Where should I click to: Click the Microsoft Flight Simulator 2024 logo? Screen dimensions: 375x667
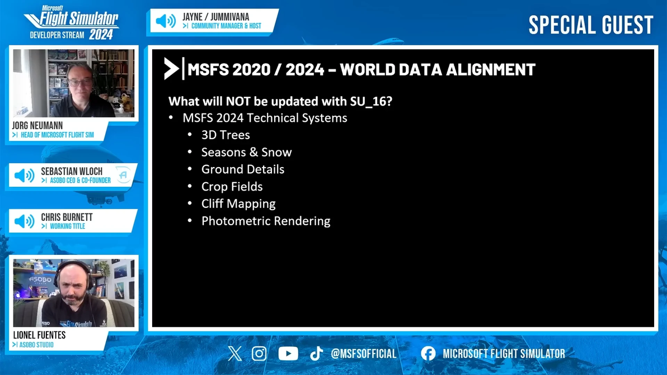pyautogui.click(x=71, y=23)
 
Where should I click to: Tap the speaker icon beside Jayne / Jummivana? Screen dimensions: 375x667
pyautogui.click(x=166, y=21)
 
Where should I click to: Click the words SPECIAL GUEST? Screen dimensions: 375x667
pyautogui.click(x=591, y=25)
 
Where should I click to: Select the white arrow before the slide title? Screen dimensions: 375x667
pyautogui.click(x=171, y=69)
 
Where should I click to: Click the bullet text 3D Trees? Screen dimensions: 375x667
pyautogui.click(x=226, y=135)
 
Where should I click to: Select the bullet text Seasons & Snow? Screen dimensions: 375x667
pyautogui.click(x=246, y=152)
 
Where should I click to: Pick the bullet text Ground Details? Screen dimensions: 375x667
pyautogui.click(x=243, y=169)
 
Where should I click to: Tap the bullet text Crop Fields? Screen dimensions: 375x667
pyautogui.click(x=232, y=186)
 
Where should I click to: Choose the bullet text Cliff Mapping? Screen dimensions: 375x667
pyautogui.click(x=238, y=203)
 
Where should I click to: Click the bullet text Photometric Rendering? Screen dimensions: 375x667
pyautogui.click(x=266, y=221)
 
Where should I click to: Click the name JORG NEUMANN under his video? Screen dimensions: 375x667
pyautogui.click(x=37, y=125)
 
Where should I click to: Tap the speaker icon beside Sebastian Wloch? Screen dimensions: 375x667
pyautogui.click(x=24, y=175)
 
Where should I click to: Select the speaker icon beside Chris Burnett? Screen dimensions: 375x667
pyautogui.click(x=24, y=221)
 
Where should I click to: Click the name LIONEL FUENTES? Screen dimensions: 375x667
pyautogui.click(x=39, y=335)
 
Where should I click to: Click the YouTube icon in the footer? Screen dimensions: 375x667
pyautogui.click(x=288, y=353)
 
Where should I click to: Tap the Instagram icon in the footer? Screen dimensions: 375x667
pyautogui.click(x=259, y=353)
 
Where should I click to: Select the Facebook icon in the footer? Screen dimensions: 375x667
pyautogui.click(x=428, y=353)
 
